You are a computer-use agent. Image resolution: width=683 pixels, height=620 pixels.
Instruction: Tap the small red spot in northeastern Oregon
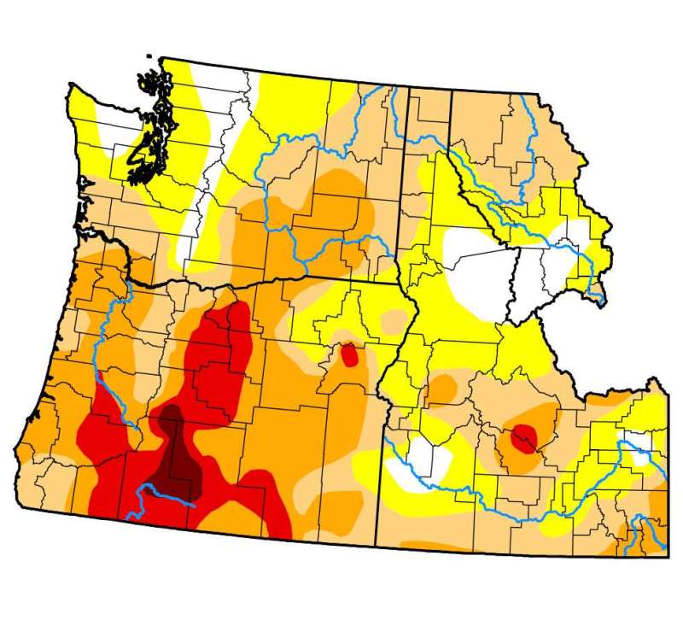tap(348, 354)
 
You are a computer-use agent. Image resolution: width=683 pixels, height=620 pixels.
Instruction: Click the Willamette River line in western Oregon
tap(101, 342)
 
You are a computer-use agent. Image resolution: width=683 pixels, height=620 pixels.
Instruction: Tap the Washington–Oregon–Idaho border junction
tap(400, 283)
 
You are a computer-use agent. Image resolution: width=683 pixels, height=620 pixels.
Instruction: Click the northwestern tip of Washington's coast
tap(72, 85)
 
